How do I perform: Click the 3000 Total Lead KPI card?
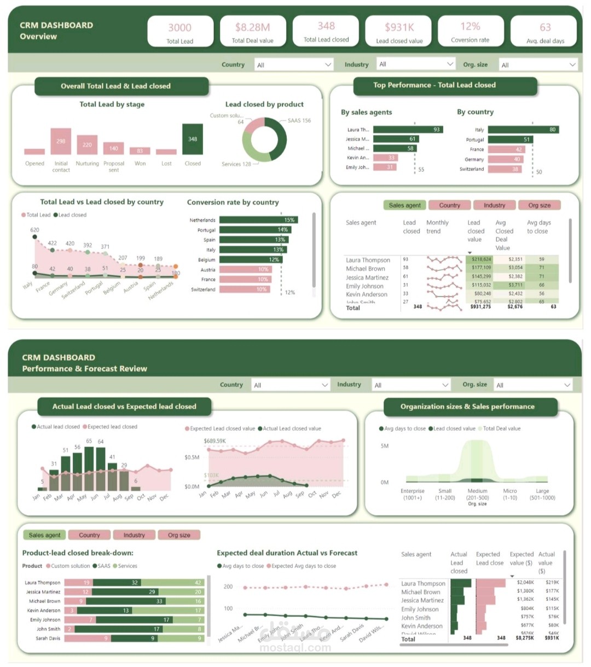click(180, 32)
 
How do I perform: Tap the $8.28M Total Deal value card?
click(252, 32)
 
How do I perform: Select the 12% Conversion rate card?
click(470, 32)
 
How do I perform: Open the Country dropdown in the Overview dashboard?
click(294, 65)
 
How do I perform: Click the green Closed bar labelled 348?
click(193, 139)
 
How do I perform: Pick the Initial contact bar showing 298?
click(61, 142)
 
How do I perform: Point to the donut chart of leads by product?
click(264, 139)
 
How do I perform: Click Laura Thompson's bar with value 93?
click(408, 130)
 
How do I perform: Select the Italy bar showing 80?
click(523, 130)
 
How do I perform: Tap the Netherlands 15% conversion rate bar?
click(258, 220)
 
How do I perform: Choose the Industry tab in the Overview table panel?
click(494, 205)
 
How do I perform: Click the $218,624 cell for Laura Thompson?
click(481, 259)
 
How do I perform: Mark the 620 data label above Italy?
click(35, 230)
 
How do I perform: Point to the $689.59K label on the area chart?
click(215, 441)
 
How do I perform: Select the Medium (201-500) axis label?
click(477, 494)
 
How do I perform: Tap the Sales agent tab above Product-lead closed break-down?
click(45, 535)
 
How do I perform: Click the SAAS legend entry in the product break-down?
click(103, 566)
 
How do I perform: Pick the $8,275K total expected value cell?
click(524, 637)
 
